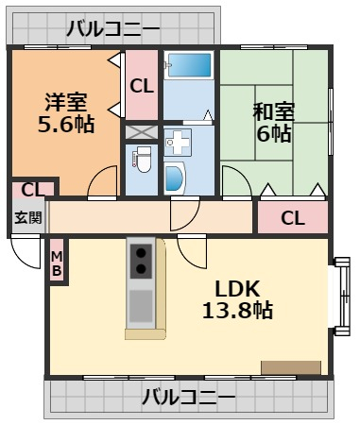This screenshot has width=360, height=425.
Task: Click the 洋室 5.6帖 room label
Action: coord(66,112)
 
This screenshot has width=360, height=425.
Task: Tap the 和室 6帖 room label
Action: coord(273,122)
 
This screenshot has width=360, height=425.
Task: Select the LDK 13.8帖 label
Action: coord(237,299)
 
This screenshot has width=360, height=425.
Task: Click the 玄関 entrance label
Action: coord(28,217)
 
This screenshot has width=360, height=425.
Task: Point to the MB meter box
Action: coord(57,260)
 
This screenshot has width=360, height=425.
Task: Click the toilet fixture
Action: coord(143,160)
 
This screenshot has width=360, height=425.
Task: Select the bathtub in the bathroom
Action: coord(189,65)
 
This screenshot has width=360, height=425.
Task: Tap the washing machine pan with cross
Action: coord(178,143)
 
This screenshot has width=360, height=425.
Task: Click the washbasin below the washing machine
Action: coord(175,178)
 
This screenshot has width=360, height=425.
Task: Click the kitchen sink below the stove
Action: coord(141,306)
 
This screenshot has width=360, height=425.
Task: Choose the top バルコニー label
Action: coord(112,28)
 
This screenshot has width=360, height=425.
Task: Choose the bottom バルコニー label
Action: coord(188,397)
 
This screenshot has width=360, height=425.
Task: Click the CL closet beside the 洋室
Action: coord(142,85)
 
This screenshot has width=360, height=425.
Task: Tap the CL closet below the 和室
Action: coord(293,217)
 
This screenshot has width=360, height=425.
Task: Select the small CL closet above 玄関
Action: coord(33,190)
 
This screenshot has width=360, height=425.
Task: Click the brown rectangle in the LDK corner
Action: coord(291,367)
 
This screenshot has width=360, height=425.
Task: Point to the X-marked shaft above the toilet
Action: coord(142,132)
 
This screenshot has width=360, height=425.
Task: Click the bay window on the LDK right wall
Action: coord(341,297)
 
